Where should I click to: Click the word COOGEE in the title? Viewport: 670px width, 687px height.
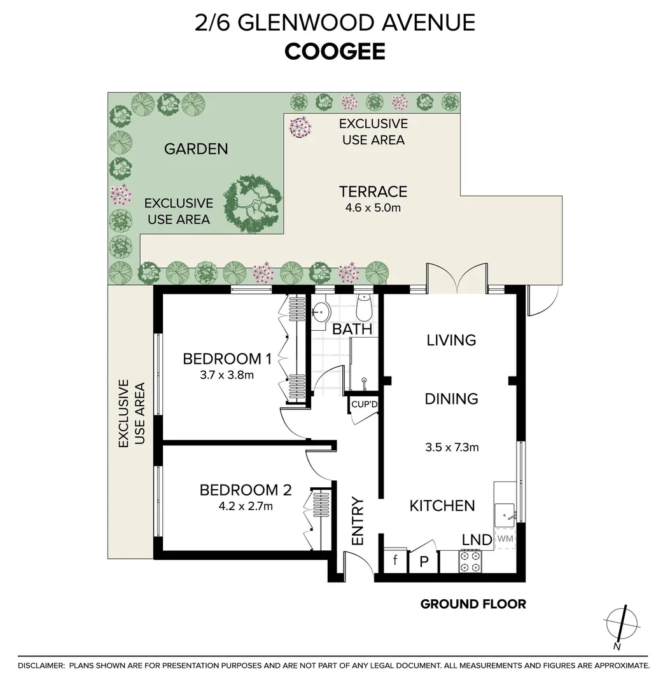pos(335,52)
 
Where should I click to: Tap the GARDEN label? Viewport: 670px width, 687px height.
pos(196,149)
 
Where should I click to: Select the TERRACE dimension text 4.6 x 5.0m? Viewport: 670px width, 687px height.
pos(373,207)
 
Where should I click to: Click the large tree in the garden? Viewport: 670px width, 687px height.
pos(253,205)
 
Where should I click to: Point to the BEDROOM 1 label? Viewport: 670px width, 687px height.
pos(227,359)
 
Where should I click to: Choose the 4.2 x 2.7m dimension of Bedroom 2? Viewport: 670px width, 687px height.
pos(246,506)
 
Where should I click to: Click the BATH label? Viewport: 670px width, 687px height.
pos(352,329)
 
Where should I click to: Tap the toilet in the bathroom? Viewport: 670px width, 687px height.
pos(364,308)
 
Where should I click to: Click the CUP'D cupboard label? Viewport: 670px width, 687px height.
pos(364,404)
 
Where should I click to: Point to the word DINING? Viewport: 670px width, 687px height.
pos(451,399)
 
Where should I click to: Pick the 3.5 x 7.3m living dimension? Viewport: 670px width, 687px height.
pos(452,447)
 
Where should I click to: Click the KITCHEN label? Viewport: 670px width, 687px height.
pos(442,506)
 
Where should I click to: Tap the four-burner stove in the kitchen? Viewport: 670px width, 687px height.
pos(470,562)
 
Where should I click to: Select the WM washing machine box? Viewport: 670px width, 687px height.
pos(505,539)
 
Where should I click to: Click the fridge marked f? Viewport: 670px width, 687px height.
pos(395,560)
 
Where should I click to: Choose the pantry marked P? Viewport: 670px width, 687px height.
pos(424,562)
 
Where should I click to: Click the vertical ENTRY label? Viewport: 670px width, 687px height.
pos(358,522)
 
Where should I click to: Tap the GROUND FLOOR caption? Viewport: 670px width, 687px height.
pos(473,604)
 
